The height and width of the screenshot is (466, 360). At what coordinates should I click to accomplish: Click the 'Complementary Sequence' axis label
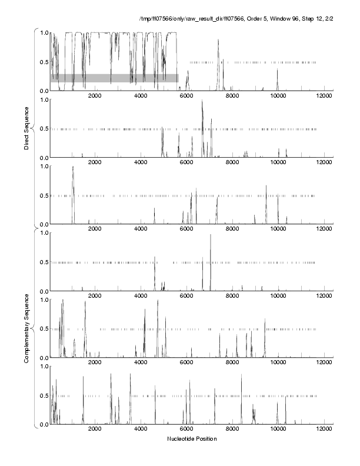pyautogui.click(x=27, y=327)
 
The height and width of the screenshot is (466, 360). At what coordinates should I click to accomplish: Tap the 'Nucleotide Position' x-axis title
pyautogui.click(x=192, y=439)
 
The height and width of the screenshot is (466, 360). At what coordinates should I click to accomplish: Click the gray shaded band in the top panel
pyautogui.click(x=115, y=78)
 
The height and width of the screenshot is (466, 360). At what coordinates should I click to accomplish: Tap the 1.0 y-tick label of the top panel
pyautogui.click(x=44, y=32)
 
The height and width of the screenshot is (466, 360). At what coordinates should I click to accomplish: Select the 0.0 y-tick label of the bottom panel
pyautogui.click(x=44, y=425)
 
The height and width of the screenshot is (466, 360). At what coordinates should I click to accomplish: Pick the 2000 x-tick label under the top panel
pyautogui.click(x=95, y=96)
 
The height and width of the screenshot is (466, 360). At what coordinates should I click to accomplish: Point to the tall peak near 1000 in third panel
pyautogui.click(x=73, y=168)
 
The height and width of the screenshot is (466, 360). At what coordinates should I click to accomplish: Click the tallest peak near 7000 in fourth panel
pyautogui.click(x=210, y=235)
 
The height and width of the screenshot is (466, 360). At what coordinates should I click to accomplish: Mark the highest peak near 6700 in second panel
pyautogui.click(x=202, y=101)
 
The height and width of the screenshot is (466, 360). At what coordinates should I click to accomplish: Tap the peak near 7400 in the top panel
pyautogui.click(x=218, y=40)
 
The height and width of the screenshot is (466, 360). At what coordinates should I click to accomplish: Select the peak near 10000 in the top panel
pyautogui.click(x=278, y=69)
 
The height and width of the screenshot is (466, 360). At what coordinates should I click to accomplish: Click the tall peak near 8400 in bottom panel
pyautogui.click(x=241, y=375)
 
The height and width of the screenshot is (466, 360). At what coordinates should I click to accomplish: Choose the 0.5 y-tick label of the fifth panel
pyautogui.click(x=44, y=328)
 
